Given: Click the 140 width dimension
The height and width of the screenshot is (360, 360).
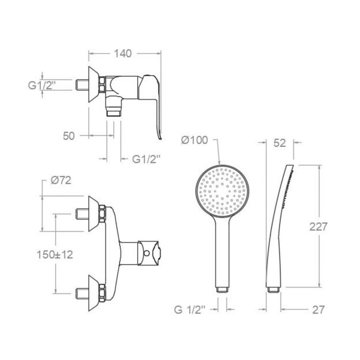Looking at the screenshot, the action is pyautogui.click(x=123, y=53).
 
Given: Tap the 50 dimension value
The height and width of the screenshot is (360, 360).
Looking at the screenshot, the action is pyautogui.click(x=69, y=136).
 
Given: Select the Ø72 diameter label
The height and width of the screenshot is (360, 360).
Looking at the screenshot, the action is pyautogui.click(x=61, y=180).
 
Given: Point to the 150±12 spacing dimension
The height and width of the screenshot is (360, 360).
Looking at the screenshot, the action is pyautogui.click(x=55, y=255).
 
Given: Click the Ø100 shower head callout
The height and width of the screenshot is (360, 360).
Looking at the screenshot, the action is pyautogui.click(x=195, y=140).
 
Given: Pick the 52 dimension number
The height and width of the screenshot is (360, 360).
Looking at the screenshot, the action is pyautogui.click(x=280, y=143).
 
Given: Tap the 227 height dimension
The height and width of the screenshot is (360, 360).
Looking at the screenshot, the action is pyautogui.click(x=318, y=227).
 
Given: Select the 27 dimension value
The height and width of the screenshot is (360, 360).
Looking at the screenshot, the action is pyautogui.click(x=318, y=310).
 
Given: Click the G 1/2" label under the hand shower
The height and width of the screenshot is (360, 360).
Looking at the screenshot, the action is pyautogui.click(x=189, y=310).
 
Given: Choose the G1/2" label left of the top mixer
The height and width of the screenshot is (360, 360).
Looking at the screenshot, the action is pyautogui.click(x=42, y=85).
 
